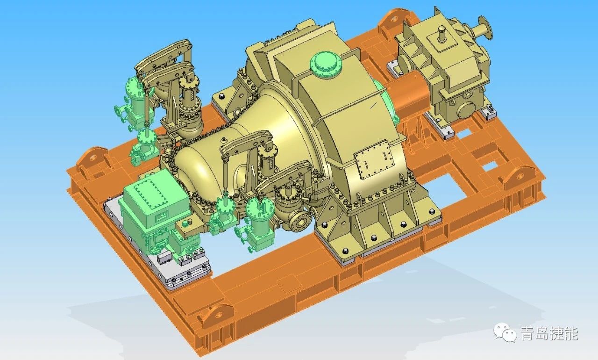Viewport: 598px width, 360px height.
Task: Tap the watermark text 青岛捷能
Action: click(550, 333)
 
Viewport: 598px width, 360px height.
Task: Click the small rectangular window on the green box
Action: click(162, 215)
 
